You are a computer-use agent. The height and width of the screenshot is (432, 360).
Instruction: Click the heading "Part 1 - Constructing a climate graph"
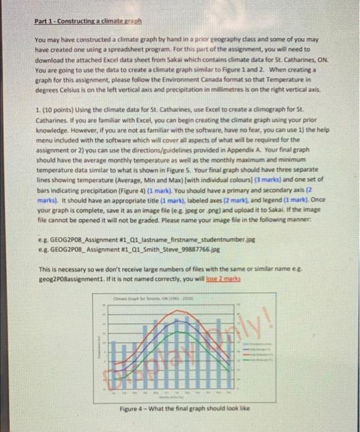[88, 20]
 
